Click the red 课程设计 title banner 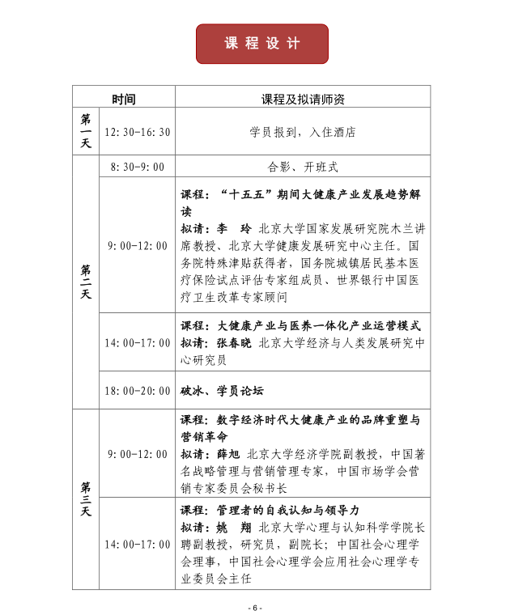point(261,44)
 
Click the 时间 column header point(124,100)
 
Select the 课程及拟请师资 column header point(303,100)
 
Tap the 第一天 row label point(85,131)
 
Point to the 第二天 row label point(85,282)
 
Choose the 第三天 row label point(85,499)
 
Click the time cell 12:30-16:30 point(137,132)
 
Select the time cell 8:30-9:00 point(137,168)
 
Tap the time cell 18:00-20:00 point(137,390)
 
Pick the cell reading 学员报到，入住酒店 point(303,132)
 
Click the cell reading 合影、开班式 point(303,168)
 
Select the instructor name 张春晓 point(232,342)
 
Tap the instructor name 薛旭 point(229,454)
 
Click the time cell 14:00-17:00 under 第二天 point(137,342)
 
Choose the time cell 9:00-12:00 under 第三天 point(137,454)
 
